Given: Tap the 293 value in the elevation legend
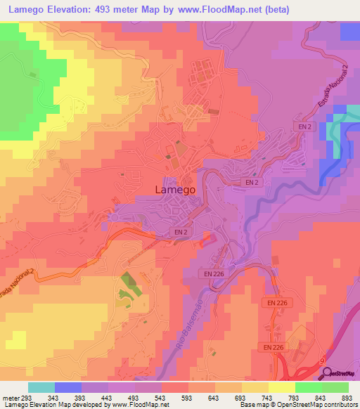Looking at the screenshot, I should coord(25,398).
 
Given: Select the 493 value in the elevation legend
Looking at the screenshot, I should coord(135,398).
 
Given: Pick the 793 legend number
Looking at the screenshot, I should coord(295,398).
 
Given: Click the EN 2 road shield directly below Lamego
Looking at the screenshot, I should coord(181,231).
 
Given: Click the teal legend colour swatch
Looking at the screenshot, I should coord(41,387).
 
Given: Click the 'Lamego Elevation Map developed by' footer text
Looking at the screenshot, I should coord(46,405).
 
